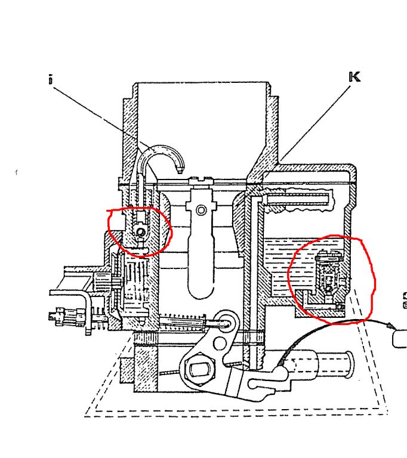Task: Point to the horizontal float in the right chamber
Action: [298, 197]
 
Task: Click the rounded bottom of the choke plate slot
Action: [202, 292]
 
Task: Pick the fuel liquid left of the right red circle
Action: [277, 262]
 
